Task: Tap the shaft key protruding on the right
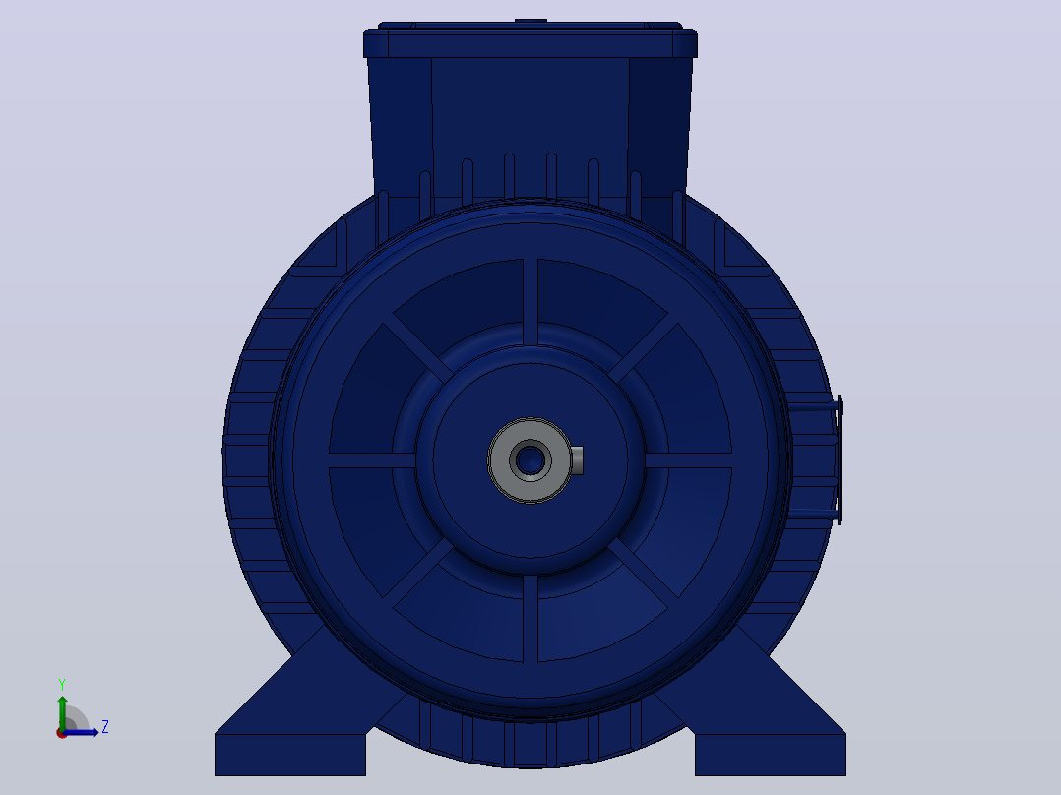point(577,460)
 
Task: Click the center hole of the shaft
point(530,460)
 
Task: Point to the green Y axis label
point(62,685)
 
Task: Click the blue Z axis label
point(105,727)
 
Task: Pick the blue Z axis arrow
point(81,732)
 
